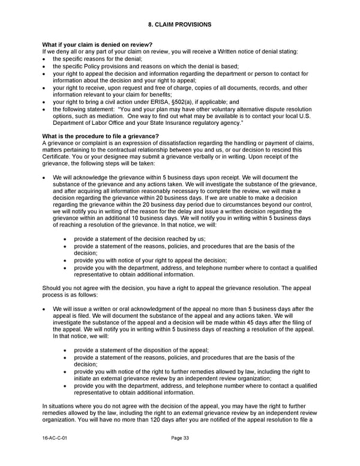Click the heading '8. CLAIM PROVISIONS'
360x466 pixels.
pyautogui.click(x=179, y=25)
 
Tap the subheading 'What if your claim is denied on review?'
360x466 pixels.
pyautogui.click(x=97, y=45)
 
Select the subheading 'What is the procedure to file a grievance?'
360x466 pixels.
pyautogui.click(x=101, y=136)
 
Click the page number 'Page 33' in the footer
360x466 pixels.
pyautogui.click(x=180, y=438)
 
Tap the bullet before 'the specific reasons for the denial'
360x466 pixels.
pyautogui.click(x=45, y=60)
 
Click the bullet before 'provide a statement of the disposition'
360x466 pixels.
pyautogui.click(x=65, y=350)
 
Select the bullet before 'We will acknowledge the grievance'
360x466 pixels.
pyautogui.click(x=45, y=178)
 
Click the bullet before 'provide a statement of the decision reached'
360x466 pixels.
pyautogui.click(x=65, y=239)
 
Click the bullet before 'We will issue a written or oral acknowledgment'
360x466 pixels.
pyautogui.click(x=45, y=309)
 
